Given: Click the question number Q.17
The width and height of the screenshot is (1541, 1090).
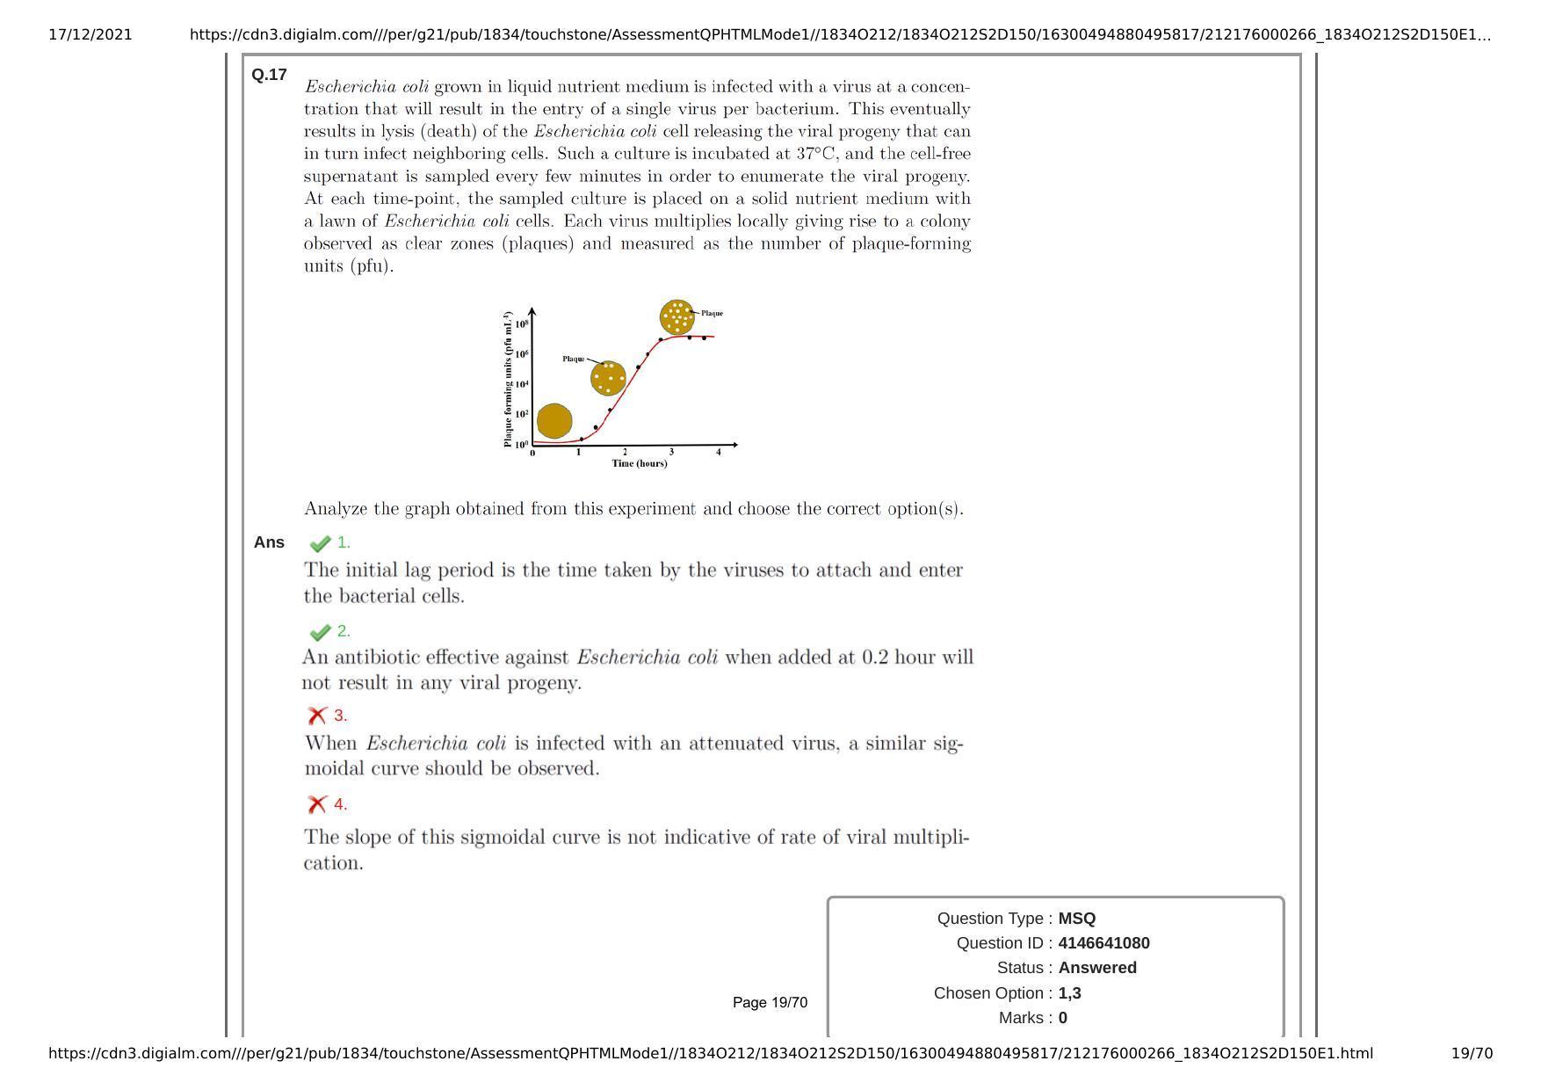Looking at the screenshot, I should [269, 75].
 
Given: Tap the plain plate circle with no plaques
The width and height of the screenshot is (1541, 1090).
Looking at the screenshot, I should [554, 421].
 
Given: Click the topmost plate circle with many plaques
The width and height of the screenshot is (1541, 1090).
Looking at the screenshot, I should [676, 316].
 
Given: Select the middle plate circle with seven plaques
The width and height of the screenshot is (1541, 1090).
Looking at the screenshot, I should [608, 378].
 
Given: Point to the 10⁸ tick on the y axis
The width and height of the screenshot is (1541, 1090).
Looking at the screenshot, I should [522, 324].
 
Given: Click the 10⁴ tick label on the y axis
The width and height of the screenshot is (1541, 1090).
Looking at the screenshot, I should [522, 384].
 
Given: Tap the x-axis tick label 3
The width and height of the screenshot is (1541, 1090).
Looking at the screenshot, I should [671, 453].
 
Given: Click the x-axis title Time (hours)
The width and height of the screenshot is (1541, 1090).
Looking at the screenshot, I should [640, 463].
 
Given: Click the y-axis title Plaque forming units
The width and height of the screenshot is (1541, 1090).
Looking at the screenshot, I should [508, 379].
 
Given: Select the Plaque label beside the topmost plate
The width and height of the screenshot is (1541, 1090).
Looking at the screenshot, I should [712, 313].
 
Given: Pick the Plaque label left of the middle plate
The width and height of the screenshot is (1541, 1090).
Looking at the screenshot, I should [573, 359].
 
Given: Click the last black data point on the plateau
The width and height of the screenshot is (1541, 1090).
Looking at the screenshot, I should [704, 338].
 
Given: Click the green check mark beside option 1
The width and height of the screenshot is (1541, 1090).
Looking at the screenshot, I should [320, 543].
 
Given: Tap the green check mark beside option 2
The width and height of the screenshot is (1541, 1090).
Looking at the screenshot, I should [320, 632].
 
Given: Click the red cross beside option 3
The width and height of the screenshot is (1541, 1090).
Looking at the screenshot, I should [317, 716].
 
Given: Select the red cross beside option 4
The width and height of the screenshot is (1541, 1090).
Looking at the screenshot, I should [317, 804].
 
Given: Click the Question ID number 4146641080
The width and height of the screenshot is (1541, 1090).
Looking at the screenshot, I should [1103, 943].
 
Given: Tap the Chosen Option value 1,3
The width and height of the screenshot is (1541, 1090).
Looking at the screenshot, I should [1069, 993].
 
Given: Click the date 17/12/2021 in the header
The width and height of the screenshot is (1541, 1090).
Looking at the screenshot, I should [90, 35].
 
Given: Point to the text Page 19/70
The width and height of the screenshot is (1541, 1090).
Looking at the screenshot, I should [770, 1003].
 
